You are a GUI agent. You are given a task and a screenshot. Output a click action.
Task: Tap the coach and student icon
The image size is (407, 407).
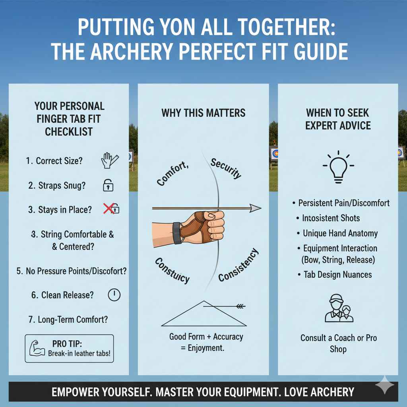click(x=339, y=308)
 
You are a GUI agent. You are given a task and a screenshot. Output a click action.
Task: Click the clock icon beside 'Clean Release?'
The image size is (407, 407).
click(x=114, y=295)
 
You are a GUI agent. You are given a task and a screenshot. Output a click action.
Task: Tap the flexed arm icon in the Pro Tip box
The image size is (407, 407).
click(x=37, y=348)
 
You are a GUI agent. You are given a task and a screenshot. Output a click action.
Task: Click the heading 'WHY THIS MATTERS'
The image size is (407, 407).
click(x=203, y=113)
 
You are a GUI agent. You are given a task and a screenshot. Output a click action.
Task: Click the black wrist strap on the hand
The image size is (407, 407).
click(x=176, y=233)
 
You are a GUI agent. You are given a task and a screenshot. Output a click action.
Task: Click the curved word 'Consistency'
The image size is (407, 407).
click(x=238, y=265)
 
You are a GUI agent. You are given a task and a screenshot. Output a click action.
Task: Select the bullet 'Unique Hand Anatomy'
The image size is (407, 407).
click(x=340, y=233)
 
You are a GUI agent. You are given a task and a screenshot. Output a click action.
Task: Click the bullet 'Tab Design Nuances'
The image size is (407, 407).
click(x=337, y=274)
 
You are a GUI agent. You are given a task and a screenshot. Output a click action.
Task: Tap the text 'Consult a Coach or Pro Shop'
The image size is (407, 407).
click(x=339, y=343)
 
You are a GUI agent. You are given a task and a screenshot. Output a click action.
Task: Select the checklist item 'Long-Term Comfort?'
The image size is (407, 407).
click(x=73, y=319)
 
